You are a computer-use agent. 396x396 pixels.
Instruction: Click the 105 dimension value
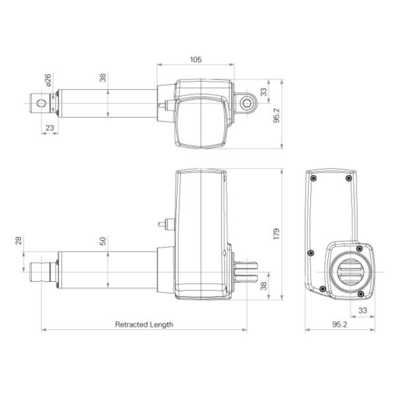pos(195,59)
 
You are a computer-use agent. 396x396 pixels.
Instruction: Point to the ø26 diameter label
pos(48,81)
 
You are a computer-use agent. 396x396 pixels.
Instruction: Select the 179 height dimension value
pos(277,234)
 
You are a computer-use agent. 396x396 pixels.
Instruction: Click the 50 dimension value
pos(103,240)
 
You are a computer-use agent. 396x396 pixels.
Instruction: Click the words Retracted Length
pos(144,324)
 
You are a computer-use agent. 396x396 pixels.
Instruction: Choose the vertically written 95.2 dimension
pos(277,116)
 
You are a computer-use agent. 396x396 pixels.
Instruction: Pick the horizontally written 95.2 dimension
pos(340,324)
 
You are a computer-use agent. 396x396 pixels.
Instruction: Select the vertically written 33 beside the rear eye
pos(265,92)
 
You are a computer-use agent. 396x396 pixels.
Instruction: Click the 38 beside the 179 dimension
pos(265,286)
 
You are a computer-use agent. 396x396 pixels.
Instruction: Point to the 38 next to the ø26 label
pos(103,78)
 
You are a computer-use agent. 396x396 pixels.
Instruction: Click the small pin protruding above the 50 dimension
pos(163,223)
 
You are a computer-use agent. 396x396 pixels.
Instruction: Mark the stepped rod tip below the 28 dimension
pos(40,271)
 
